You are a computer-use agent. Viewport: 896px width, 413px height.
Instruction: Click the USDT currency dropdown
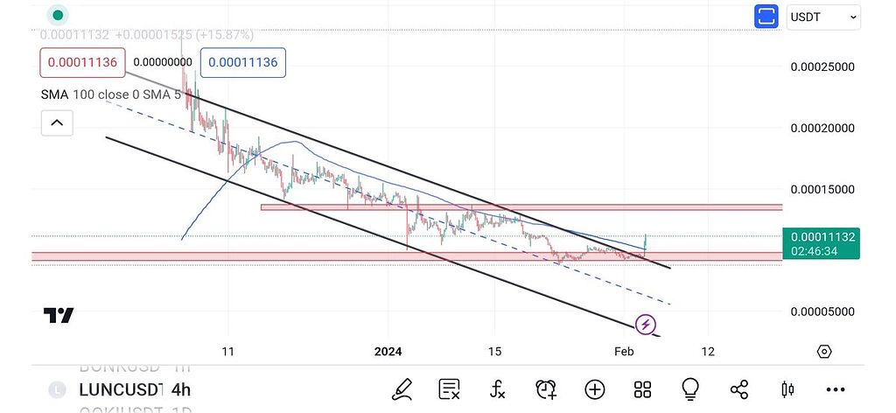[823, 17]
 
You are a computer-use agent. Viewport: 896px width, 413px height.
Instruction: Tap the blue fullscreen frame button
[766, 17]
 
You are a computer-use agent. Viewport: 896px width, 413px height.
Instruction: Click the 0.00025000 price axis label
[822, 66]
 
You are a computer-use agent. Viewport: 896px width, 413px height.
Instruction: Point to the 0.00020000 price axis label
[822, 128]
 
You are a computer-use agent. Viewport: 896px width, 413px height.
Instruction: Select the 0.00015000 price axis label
[822, 189]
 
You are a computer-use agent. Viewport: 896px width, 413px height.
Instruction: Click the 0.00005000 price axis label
[822, 311]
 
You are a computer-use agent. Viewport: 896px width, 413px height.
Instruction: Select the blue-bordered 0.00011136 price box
[243, 62]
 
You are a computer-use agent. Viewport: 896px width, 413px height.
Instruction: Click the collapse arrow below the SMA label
[57, 122]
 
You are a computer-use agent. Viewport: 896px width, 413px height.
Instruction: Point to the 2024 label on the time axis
[388, 352]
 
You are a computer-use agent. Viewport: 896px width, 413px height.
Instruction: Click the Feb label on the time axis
[623, 352]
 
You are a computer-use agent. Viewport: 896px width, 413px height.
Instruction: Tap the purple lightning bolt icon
[645, 325]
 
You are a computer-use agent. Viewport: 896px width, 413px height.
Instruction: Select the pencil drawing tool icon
[402, 389]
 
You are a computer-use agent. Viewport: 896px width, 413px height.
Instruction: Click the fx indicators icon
[498, 389]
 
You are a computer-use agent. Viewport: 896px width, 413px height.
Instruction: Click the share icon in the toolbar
[738, 389]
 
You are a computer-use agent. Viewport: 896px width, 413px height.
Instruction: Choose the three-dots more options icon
[835, 389]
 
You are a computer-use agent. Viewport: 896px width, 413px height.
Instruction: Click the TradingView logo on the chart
[59, 316]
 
